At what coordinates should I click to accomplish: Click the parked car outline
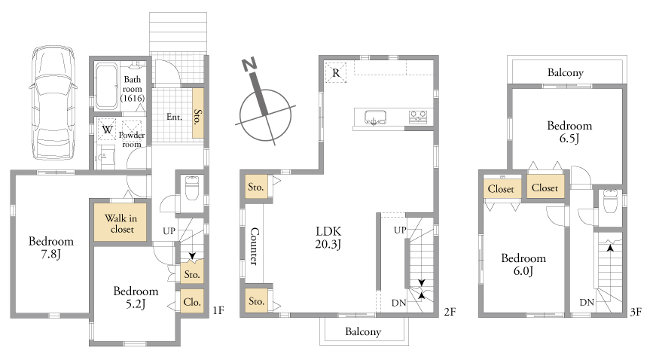coord(53,102)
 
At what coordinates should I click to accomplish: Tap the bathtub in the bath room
coord(106,87)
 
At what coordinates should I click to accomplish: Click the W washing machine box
coord(107,130)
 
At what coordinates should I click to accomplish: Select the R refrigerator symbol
coord(336,72)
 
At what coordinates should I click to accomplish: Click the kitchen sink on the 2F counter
coord(375,117)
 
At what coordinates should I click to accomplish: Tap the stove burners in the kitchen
coord(418,117)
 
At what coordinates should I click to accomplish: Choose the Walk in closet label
coord(121,224)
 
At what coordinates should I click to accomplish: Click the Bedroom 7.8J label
coord(51,248)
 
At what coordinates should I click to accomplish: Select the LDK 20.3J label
coord(328,238)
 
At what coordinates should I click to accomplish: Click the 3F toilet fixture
coord(609,201)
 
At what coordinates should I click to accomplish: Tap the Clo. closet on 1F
coord(192,301)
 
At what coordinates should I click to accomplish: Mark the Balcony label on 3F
coord(566,72)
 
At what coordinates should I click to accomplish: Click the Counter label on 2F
coord(255,246)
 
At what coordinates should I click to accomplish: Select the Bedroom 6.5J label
coord(569,132)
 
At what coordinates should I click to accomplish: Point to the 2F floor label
coord(450,311)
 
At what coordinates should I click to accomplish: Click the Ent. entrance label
coord(174,117)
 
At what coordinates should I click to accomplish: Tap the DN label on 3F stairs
coord(587,302)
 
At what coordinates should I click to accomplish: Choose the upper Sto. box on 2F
coord(256,187)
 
